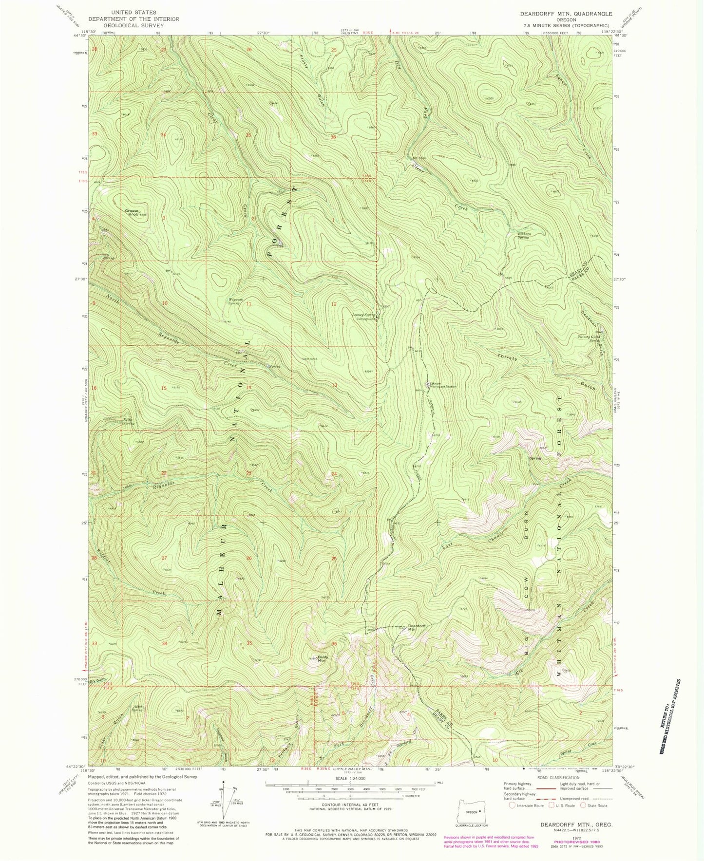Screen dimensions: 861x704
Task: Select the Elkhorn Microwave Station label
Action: [x=442, y=385]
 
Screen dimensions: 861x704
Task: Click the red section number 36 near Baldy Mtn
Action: [x=334, y=644]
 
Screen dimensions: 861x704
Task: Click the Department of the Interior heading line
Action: [x=133, y=19]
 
